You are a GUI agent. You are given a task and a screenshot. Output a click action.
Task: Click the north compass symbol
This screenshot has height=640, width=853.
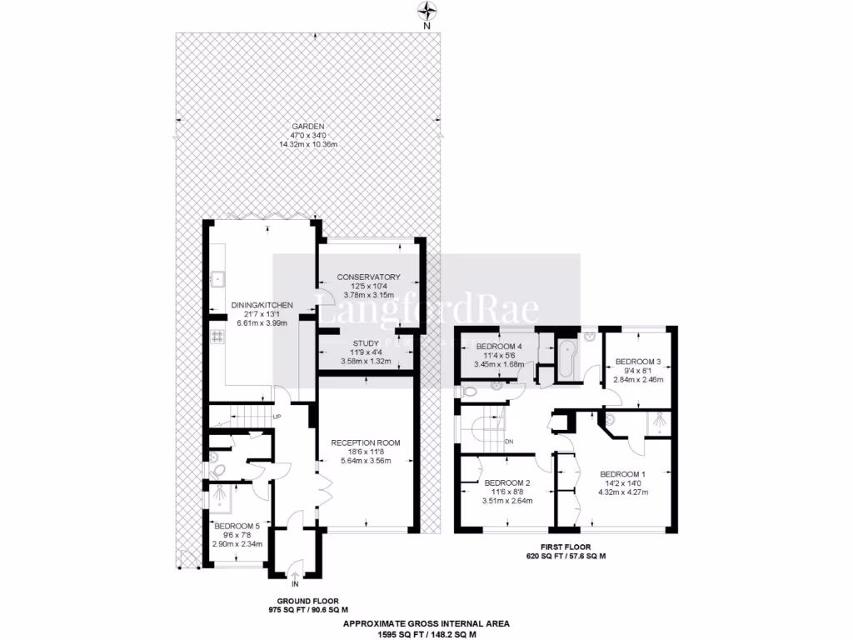426,11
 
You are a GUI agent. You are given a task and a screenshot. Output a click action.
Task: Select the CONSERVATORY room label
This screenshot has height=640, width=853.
368,277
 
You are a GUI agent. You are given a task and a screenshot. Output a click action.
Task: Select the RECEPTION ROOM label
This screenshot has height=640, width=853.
366,442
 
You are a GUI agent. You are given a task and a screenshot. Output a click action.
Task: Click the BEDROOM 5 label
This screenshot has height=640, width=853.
237,526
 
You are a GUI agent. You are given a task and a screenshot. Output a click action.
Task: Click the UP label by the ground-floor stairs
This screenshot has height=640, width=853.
277,417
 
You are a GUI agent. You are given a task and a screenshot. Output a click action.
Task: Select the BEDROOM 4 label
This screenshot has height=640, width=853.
497,347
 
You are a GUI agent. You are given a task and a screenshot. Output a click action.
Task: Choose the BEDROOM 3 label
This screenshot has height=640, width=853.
637,362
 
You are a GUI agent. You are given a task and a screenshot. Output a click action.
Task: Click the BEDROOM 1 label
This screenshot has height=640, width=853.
623,472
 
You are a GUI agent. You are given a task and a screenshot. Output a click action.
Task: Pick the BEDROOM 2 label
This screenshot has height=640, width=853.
507,482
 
